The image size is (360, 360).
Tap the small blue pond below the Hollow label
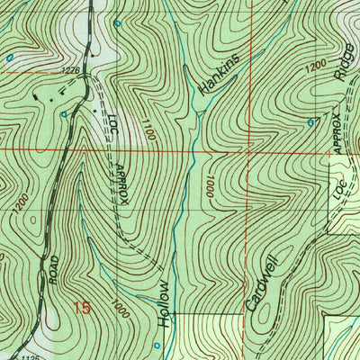click(x=156, y=345)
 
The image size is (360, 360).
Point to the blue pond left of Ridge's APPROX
click(x=310, y=121)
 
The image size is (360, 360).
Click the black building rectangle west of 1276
click(x=35, y=94)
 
